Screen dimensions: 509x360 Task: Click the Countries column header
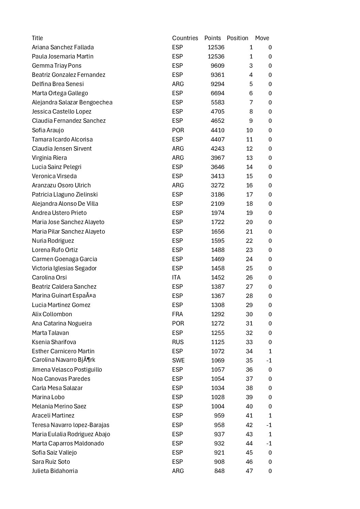(185, 38)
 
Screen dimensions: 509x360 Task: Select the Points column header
(212, 38)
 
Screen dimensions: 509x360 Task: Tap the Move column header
(262, 38)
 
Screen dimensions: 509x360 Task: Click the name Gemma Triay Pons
(56, 66)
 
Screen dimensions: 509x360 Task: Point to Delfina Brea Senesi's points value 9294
(217, 84)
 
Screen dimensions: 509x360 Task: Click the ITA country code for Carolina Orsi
(176, 277)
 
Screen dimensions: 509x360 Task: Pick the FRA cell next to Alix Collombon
(177, 314)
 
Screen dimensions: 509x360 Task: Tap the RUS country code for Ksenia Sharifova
(178, 342)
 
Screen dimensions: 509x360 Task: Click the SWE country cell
(178, 360)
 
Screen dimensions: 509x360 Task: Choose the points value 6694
(217, 93)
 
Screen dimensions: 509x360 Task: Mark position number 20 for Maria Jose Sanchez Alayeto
(249, 222)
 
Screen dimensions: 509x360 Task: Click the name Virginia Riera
(49, 158)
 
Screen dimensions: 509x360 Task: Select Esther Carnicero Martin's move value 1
(270, 351)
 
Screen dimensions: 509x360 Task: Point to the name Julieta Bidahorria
(55, 471)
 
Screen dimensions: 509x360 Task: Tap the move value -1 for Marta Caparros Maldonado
(269, 443)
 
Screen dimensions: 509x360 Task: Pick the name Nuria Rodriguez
(53, 241)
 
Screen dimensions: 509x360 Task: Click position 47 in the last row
(249, 471)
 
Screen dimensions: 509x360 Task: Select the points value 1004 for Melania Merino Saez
(217, 406)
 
